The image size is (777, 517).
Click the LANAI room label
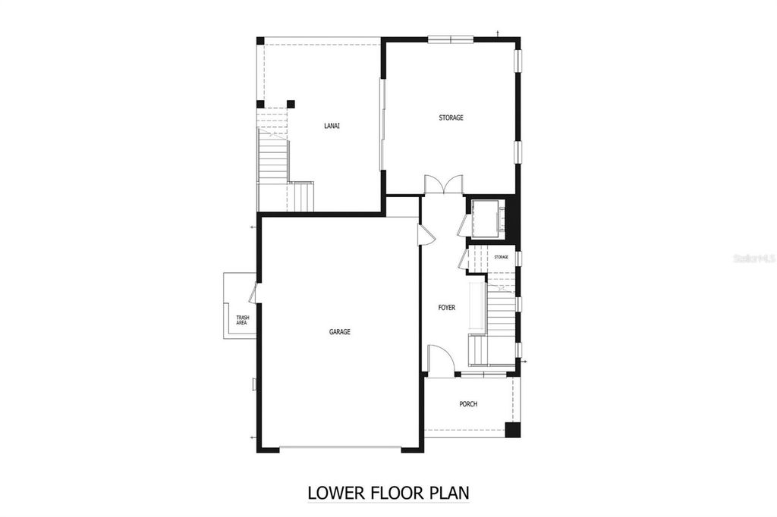331,126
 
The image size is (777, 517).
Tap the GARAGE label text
339,331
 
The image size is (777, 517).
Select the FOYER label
447,308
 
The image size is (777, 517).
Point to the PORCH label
468,404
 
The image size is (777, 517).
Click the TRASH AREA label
242,320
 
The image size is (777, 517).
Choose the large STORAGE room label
451,117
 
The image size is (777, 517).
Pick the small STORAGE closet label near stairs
501,257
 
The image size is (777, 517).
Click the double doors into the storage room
443,185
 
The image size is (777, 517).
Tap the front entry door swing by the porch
441,360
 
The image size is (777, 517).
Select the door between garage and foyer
425,233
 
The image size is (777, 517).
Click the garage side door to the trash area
253,293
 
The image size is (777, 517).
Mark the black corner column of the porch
514,429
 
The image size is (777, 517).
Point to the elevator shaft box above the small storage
484,218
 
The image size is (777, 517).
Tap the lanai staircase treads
272,160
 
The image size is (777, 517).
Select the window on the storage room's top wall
451,39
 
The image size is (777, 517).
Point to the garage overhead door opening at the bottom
340,448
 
